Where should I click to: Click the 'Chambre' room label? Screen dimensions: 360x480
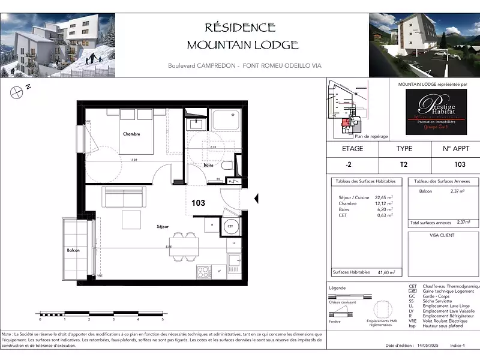pyautogui.click(x=131, y=134)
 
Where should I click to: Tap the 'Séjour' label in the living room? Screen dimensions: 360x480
pyautogui.click(x=162, y=226)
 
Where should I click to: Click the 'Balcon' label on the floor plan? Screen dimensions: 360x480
pyautogui.click(x=73, y=250)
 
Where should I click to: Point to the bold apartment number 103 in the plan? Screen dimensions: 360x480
pyautogui.click(x=198, y=203)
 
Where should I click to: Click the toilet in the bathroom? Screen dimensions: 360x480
pyautogui.click(x=227, y=166)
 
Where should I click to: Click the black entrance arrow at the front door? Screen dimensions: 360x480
pyautogui.click(x=256, y=199)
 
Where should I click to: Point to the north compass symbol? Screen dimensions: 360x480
pyautogui.click(x=16, y=92)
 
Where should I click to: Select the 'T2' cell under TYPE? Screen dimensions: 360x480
pyautogui.click(x=404, y=165)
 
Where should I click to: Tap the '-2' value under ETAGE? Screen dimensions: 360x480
pyautogui.click(x=352, y=165)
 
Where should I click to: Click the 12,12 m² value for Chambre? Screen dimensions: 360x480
pyautogui.click(x=384, y=203)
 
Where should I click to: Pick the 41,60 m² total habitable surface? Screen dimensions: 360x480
pyautogui.click(x=385, y=272)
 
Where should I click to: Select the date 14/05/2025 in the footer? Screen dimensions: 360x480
pyautogui.click(x=428, y=346)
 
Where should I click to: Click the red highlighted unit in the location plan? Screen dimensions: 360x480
pyautogui.click(x=345, y=124)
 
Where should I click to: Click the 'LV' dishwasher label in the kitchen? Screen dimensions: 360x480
pyautogui.click(x=220, y=271)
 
